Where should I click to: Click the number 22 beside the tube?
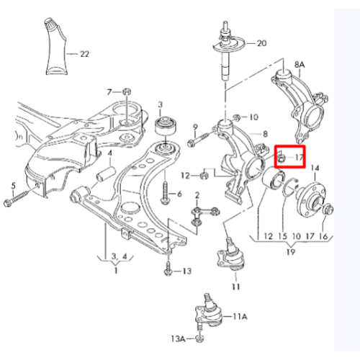tap(84, 54)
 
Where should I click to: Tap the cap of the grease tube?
tap(50, 22)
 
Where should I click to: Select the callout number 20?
tap(261, 43)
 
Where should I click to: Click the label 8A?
tap(300, 65)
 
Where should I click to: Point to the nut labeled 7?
tap(126, 91)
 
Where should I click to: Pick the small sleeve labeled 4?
tap(106, 174)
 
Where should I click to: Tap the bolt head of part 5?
tap(8, 203)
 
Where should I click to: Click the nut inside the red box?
tap(282, 158)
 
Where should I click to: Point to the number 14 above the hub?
tap(315, 168)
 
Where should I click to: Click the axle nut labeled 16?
tap(328, 210)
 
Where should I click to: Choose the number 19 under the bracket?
tap(291, 252)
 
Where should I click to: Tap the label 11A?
tap(240, 317)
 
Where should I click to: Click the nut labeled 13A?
tap(199, 338)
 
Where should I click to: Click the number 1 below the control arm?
tap(116, 271)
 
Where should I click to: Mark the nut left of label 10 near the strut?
tap(237, 117)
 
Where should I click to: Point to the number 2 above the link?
tap(197, 195)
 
